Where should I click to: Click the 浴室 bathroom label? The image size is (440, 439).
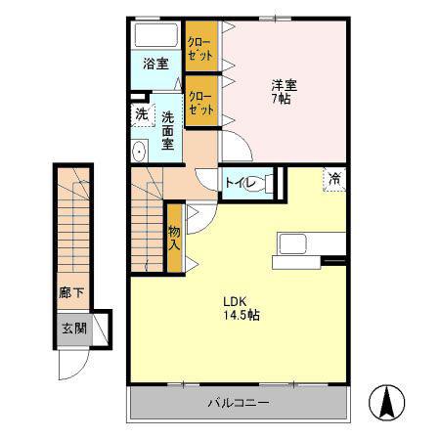(155, 64)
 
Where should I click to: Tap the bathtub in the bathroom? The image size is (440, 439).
(156, 35)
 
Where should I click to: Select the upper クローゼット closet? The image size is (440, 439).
(201, 46)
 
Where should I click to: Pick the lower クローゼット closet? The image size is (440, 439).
(201, 101)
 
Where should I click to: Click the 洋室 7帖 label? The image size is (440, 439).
(284, 92)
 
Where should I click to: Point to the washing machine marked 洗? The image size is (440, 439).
(143, 114)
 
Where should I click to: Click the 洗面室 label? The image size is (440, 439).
(168, 130)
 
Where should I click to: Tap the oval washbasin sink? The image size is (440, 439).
(140, 152)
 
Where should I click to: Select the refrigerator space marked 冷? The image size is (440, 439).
(334, 179)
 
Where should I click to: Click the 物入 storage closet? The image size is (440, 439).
(175, 239)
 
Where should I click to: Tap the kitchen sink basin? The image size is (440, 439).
(292, 244)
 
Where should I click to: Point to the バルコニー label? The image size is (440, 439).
(239, 403)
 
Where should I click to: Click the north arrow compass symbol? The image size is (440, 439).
(387, 402)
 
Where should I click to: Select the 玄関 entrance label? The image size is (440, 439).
(74, 329)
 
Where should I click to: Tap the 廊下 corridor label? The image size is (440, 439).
(71, 292)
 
